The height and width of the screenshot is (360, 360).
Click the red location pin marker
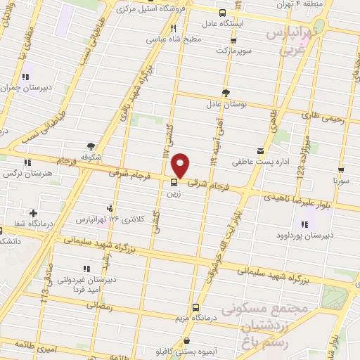click(x=181, y=165)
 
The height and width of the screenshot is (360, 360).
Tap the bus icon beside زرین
click(x=174, y=183)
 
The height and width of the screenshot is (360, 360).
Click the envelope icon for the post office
click(x=261, y=151)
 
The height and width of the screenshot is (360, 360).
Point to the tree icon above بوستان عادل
click(x=226, y=93)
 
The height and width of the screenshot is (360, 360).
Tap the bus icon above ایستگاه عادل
click(x=223, y=13)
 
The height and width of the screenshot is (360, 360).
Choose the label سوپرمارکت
click(x=233, y=51)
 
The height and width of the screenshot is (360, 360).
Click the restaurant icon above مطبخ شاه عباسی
click(x=173, y=29)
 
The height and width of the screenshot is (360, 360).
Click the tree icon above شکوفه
click(x=91, y=146)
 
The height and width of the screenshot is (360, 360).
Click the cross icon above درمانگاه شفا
click(x=33, y=213)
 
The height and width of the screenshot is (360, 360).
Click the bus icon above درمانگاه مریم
click(x=195, y=307)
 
